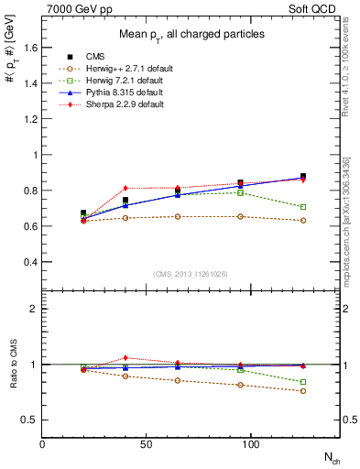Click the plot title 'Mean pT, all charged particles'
point(191,35)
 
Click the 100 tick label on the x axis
point(252,443)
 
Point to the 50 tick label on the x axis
point(147,443)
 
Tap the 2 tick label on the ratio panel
point(35,310)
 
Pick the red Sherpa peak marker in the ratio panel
point(125,357)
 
